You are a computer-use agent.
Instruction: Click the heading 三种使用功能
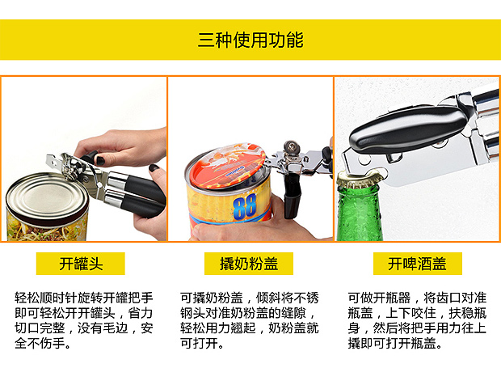(x=250, y=40)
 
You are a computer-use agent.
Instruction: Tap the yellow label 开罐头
(x=81, y=264)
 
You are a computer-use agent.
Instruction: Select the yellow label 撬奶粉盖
(x=249, y=264)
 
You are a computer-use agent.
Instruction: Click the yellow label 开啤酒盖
(x=417, y=264)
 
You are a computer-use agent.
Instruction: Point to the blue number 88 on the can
(x=245, y=207)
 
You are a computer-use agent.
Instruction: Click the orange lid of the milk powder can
(x=226, y=166)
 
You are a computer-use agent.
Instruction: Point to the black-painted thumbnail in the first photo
(x=154, y=168)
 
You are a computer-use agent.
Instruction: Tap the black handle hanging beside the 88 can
(x=293, y=194)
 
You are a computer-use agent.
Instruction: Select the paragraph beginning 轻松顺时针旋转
(x=84, y=320)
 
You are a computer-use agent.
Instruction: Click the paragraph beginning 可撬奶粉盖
(x=249, y=320)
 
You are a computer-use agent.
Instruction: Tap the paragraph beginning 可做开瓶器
(x=417, y=320)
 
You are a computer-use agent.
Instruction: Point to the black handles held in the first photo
(x=137, y=194)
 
